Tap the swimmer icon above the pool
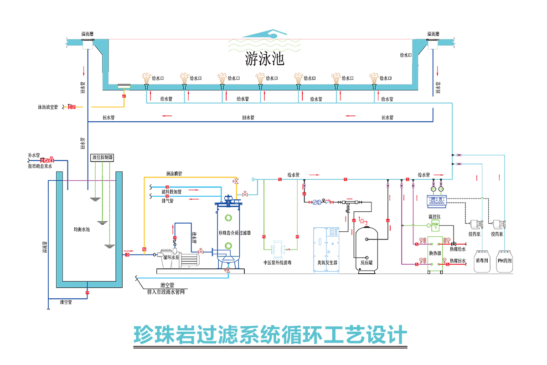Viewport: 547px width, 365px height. coord(264,35)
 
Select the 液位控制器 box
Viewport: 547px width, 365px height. coord(102,157)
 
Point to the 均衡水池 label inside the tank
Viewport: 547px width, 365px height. coord(82,229)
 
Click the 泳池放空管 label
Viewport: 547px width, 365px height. coord(48,107)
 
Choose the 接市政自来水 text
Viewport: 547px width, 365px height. coord(40,167)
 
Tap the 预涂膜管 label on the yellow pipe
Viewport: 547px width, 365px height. coord(175,174)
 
